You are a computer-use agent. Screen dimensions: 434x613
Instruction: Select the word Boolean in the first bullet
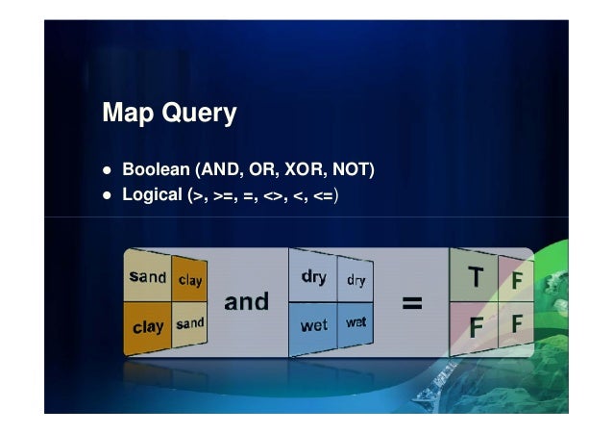coord(155,171)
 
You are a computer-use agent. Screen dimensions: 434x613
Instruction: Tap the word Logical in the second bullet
coord(151,195)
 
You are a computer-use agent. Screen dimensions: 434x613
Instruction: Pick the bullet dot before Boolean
coord(108,172)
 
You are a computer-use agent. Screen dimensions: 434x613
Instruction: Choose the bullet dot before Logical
coord(108,196)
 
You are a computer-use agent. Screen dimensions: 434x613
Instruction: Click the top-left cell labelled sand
coord(147,277)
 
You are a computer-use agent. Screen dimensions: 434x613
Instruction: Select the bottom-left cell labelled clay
coord(147,326)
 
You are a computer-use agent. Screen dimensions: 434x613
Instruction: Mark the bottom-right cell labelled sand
coord(190,323)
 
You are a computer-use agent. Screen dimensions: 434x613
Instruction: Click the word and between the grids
coord(246,302)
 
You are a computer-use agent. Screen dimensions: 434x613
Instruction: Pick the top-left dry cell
coord(313,277)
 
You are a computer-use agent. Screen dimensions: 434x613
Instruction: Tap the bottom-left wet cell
coord(313,325)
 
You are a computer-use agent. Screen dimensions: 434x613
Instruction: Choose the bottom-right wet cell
coord(356,322)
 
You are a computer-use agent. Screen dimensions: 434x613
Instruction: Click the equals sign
coord(411,303)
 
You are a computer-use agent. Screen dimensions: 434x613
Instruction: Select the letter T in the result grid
coord(475,278)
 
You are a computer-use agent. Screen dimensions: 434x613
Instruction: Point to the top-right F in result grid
coord(517,281)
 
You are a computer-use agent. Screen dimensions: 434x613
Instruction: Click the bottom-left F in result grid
coord(475,327)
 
